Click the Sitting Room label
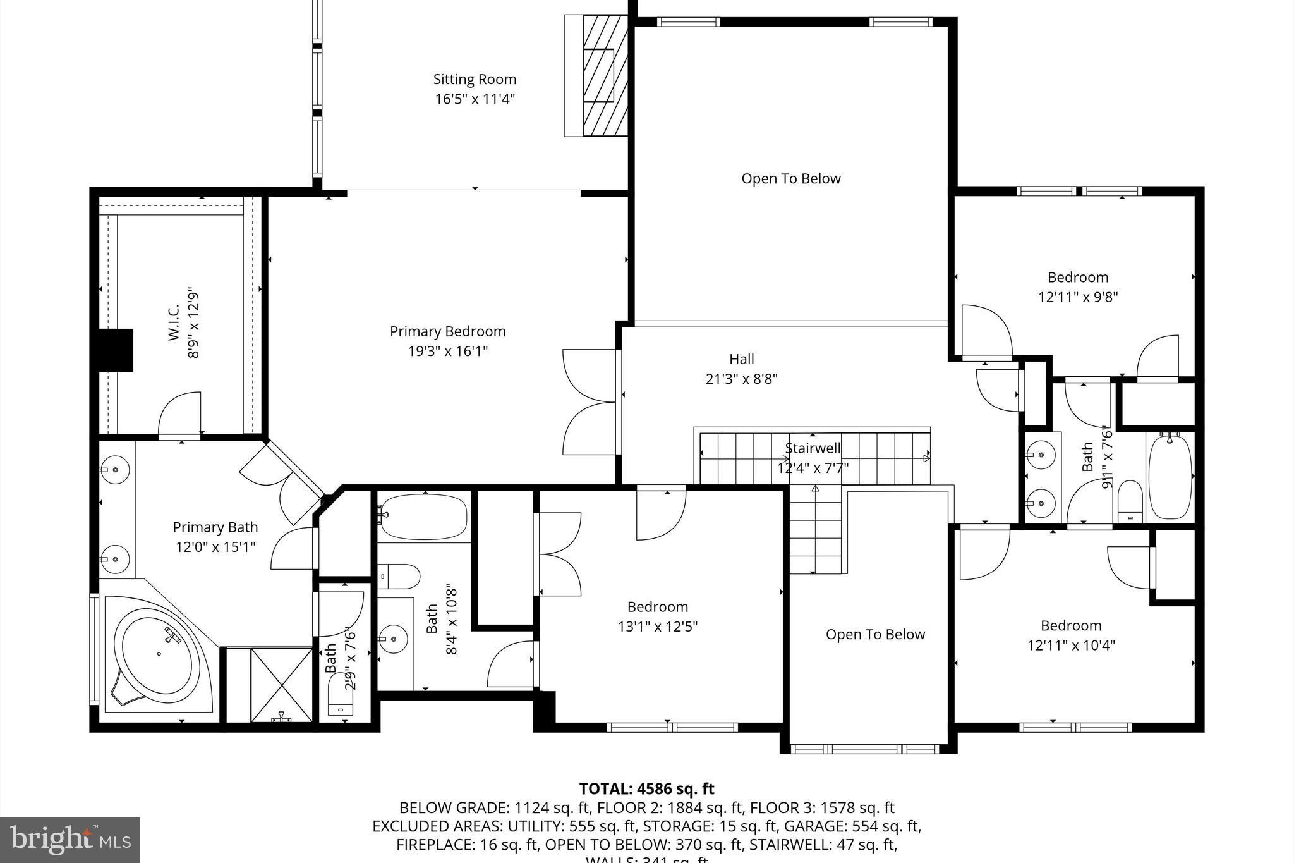[475, 80]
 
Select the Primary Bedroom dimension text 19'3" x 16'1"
[448, 351]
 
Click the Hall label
[741, 359]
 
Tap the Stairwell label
[813, 448]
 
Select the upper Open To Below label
[790, 179]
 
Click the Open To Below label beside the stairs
[875, 634]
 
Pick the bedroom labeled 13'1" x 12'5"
[657, 616]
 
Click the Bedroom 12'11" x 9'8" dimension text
[1078, 297]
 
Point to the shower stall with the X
[281, 684]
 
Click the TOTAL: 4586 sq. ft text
[646, 789]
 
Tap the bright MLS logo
[70, 840]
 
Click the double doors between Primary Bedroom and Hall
[589, 402]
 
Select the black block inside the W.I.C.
[116, 350]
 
